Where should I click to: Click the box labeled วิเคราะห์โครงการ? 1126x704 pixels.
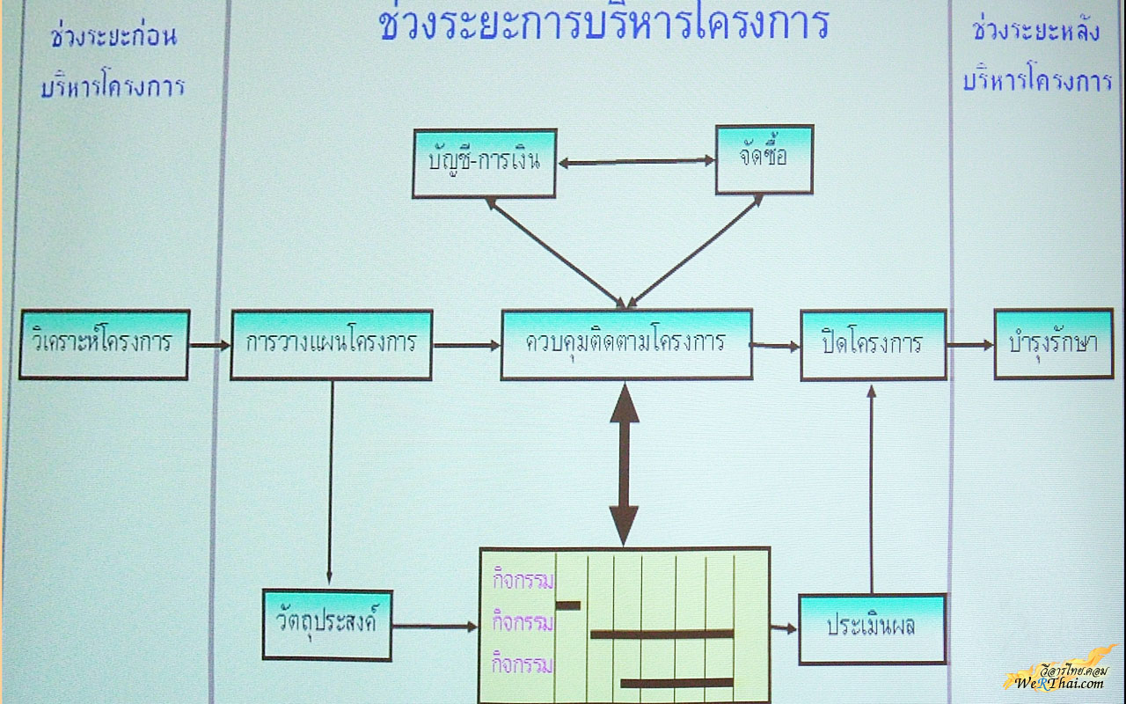(104, 344)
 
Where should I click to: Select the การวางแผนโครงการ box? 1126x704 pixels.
(332, 345)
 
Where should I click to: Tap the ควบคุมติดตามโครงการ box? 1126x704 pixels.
(627, 344)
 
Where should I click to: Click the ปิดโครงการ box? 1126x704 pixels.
(874, 345)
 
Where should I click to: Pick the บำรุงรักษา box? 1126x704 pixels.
(1054, 344)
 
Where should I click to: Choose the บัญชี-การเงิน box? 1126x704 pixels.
(485, 164)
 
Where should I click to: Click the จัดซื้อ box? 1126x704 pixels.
(764, 159)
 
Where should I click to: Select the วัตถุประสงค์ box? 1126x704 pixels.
(327, 625)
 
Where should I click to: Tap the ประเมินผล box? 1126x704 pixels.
(873, 629)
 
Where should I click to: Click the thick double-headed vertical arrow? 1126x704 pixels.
(625, 465)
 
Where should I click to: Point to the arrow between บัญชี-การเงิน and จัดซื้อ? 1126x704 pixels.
(636, 162)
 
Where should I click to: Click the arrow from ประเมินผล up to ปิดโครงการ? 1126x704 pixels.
(872, 489)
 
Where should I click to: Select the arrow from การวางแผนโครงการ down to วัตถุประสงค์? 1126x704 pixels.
(331, 483)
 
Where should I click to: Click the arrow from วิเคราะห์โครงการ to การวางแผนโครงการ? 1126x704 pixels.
(209, 346)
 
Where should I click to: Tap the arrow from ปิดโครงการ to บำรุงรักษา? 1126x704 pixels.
(970, 345)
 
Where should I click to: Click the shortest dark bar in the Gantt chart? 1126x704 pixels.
(568, 605)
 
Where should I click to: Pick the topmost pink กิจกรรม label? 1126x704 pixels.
(523, 580)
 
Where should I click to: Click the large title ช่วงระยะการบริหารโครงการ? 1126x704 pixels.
(604, 23)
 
